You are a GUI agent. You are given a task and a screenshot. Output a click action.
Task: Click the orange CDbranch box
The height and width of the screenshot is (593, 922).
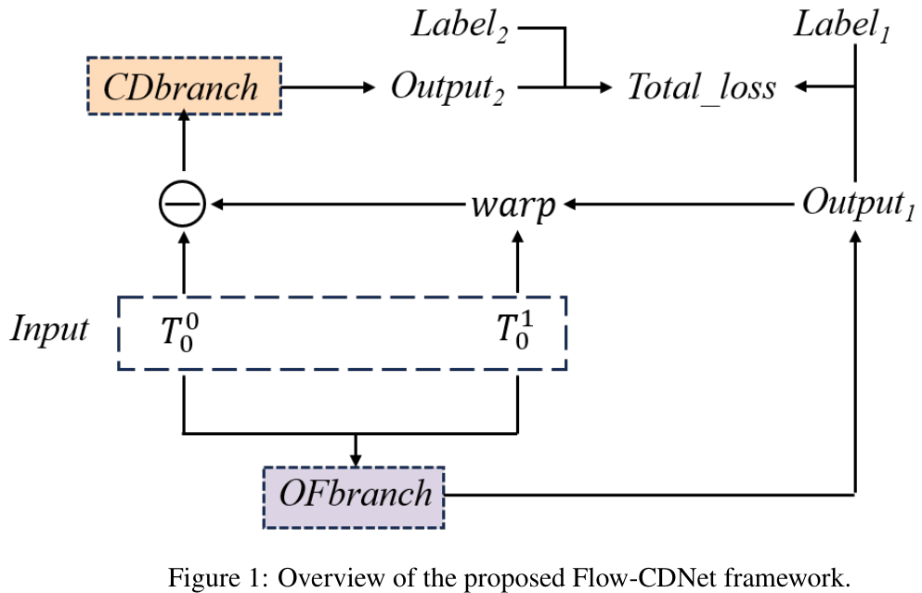pos(183,86)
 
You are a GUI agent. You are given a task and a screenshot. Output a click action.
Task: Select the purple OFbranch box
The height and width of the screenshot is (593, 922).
pos(355,494)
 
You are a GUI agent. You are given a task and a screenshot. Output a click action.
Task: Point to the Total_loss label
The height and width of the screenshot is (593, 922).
pos(701,88)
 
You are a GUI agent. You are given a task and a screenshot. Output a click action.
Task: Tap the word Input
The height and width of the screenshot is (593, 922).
pos(50,329)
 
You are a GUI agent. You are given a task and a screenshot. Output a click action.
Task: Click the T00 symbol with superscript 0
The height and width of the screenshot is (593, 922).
pos(180,333)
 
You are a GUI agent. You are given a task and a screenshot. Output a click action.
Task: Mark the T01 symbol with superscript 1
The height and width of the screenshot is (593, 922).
pos(515,333)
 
